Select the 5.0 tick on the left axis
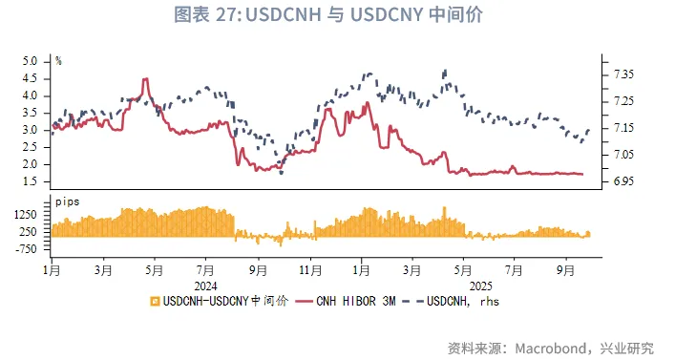29,61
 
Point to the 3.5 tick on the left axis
29,113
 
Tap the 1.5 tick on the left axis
29,181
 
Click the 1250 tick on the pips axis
24,217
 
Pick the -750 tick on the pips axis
24,248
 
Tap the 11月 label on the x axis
307,271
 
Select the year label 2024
206,286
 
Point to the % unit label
58,60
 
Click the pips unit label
67,203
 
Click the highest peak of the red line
145,79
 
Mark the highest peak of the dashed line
445,71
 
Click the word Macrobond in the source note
550,347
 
